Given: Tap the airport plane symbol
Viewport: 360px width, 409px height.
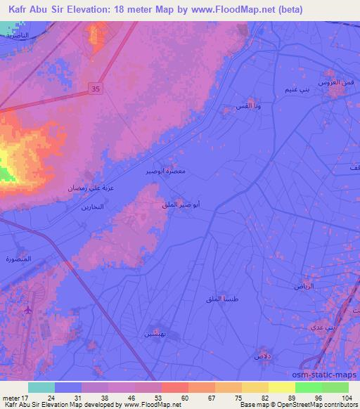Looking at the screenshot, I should point(28,309).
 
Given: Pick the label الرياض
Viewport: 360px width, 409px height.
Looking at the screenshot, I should point(303,287).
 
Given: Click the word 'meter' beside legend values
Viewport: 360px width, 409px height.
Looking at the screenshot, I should point(11,397).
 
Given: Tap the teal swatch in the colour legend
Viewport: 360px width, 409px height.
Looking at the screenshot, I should point(41,387).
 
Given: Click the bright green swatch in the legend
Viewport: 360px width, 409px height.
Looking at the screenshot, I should point(308,387).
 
